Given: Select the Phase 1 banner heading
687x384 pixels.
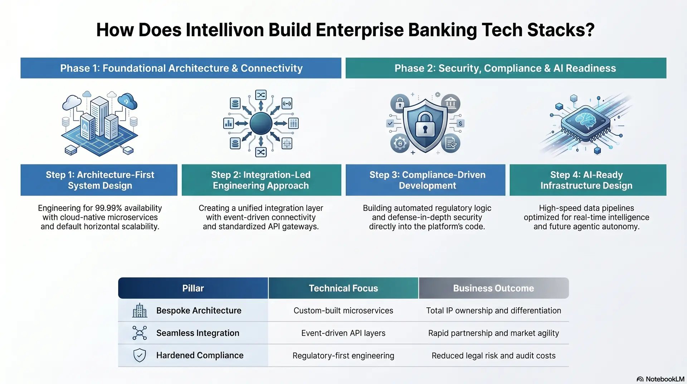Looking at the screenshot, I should coord(181,68).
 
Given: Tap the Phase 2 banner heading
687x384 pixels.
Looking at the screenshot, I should coord(505,68).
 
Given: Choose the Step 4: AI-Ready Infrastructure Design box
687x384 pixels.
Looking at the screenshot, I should coord(588,180).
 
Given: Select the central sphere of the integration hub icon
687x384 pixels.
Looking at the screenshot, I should coord(261,123).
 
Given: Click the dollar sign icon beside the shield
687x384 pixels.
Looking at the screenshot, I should coord(460,123).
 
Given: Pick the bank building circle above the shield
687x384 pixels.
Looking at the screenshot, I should coord(450,104).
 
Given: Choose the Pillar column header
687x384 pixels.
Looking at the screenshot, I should coord(193,288).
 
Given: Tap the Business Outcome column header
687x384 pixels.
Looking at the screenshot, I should coord(493,288).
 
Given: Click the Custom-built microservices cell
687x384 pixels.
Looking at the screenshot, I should coord(343,311).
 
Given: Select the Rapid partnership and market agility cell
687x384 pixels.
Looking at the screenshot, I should coord(493,333).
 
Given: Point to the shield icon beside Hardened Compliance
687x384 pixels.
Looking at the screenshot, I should coord(140,355).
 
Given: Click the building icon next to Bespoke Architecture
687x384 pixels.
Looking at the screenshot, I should coord(140,311).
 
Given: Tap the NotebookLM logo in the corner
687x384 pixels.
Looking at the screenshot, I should coord(660,379).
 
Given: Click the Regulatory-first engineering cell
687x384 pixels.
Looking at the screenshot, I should coord(343,356).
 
